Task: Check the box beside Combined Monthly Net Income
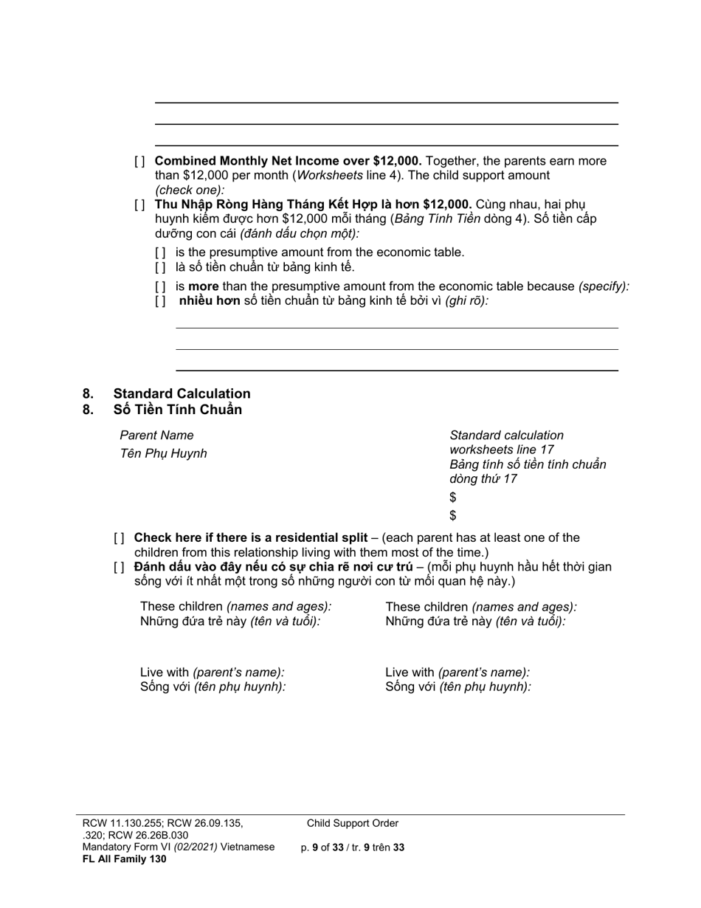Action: (139, 162)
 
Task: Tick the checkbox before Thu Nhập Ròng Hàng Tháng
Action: (139, 204)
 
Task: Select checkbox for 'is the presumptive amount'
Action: (160, 252)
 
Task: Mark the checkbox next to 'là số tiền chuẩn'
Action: (160, 267)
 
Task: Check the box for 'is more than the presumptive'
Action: (160, 286)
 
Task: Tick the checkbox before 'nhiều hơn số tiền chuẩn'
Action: (160, 301)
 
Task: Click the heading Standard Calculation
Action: (182, 393)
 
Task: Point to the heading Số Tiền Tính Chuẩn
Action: (177, 410)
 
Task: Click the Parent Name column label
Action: (156, 436)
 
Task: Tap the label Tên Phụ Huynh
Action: (163, 454)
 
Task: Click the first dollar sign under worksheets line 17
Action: (453, 498)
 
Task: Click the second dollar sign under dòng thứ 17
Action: (453, 515)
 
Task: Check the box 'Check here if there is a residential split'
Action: (119, 538)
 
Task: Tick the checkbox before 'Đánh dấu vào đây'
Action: (119, 568)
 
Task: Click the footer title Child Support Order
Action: (353, 823)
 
